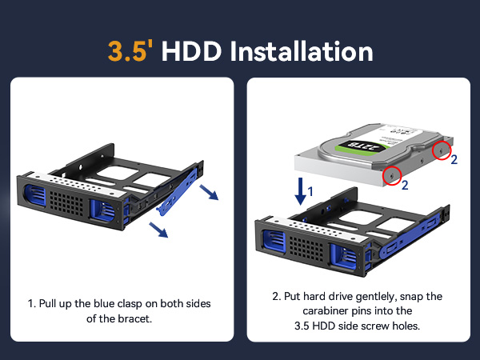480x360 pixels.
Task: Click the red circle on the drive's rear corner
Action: pyautogui.click(x=442, y=150)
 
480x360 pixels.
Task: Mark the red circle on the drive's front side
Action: pyautogui.click(x=391, y=174)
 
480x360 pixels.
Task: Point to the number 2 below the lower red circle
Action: pyautogui.click(x=406, y=186)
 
